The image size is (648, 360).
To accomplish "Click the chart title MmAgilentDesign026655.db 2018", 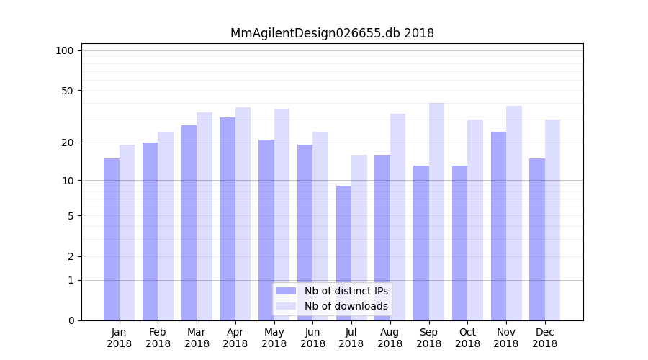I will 332,33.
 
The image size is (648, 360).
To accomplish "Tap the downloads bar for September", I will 436,212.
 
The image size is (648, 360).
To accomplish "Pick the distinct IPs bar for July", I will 343,253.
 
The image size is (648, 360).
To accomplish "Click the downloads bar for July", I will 359,238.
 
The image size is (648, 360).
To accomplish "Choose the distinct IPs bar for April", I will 228,219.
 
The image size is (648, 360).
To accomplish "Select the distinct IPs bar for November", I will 498,226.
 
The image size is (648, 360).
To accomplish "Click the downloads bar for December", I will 552,220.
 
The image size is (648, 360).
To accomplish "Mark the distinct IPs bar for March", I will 189,222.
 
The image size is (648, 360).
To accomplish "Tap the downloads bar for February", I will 166,226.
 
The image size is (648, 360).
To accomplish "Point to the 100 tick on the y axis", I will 65,50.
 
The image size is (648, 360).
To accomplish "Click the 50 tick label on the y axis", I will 67,91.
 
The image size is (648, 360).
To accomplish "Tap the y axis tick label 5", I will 70,215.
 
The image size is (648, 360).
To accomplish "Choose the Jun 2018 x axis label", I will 312,338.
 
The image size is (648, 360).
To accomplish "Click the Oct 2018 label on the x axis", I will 467,338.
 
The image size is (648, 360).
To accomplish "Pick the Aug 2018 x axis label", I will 390,338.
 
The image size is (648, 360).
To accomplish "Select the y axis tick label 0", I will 70,320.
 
